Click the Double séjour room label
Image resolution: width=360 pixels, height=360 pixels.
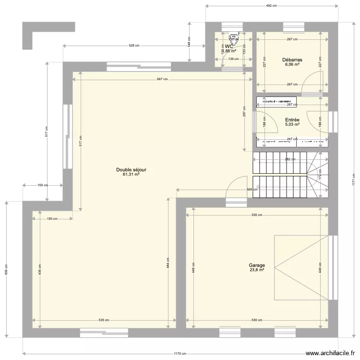(131, 170)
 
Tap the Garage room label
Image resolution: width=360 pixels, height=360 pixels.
(257, 265)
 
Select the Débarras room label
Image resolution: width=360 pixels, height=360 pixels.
(292, 60)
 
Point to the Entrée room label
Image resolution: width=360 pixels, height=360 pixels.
(292, 120)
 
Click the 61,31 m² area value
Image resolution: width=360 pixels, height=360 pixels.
(131, 175)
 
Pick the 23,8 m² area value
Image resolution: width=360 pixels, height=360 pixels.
(257, 270)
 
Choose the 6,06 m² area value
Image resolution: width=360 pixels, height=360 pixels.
(292, 65)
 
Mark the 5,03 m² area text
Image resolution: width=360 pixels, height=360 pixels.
(292, 125)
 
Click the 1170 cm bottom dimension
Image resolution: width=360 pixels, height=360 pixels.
(180, 354)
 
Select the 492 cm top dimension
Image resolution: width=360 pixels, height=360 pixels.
(272, 6)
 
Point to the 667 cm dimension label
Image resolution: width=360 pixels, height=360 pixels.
(162, 79)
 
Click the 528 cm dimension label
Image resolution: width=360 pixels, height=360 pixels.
(134, 46)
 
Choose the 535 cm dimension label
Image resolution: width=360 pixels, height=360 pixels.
(104, 320)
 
